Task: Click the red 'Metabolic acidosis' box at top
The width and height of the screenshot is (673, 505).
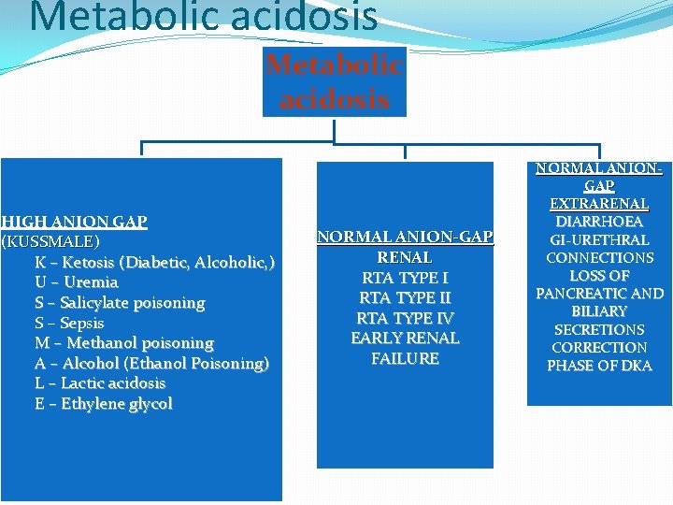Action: click(334, 81)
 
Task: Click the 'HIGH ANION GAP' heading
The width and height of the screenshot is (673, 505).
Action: click(75, 222)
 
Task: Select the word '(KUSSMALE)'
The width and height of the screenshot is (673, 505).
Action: click(50, 242)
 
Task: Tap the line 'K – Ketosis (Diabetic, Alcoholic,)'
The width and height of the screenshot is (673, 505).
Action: click(154, 262)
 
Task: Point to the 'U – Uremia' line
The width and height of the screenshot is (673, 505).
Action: click(77, 281)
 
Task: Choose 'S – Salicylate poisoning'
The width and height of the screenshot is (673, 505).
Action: click(120, 302)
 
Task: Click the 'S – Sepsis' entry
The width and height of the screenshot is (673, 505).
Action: click(70, 323)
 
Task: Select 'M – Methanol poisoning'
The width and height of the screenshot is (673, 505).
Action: click(124, 342)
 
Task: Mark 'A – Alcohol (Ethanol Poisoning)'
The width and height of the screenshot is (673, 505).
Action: click(151, 363)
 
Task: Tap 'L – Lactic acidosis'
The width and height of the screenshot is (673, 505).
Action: click(100, 382)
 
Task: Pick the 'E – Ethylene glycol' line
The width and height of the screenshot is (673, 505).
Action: click(104, 403)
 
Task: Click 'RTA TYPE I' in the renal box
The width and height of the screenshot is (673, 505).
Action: click(405, 278)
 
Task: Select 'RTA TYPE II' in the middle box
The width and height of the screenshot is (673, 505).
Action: click(405, 298)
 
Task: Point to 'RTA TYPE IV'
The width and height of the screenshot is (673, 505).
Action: click(405, 318)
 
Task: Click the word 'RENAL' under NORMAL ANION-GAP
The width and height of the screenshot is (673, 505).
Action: click(405, 257)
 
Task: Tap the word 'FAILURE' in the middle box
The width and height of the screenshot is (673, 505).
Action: click(405, 358)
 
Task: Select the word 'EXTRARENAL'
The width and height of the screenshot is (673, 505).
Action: click(599, 203)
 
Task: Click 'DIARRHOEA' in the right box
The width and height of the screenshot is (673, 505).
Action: click(599, 222)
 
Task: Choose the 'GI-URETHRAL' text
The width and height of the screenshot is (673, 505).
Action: click(599, 239)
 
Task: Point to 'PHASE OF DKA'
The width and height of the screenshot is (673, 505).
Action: click(599, 365)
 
